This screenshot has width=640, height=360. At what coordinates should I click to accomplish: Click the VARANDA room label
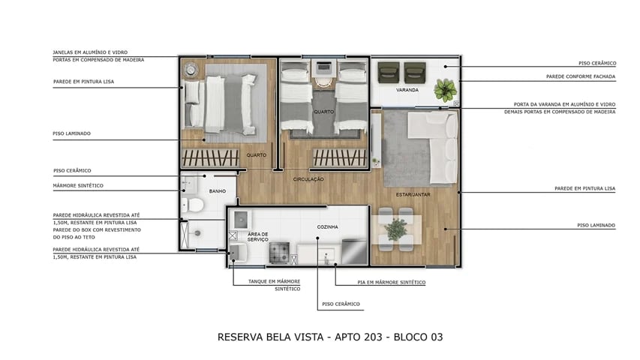pyautogui.click(x=407, y=90)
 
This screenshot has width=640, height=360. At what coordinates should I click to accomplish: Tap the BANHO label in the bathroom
pyautogui.click(x=218, y=191)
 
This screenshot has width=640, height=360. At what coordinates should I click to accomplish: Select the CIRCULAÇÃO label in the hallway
pyautogui.click(x=308, y=178)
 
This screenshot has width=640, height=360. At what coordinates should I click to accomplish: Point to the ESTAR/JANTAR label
pyautogui.click(x=412, y=194)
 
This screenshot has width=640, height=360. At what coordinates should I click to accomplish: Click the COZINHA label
pyautogui.click(x=327, y=226)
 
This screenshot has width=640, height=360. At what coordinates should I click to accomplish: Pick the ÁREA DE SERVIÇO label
pyautogui.click(x=259, y=237)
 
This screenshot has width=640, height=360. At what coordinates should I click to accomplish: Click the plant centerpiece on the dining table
pyautogui.click(x=395, y=230)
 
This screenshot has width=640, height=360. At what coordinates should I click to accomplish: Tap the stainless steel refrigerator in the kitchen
pyautogui.click(x=355, y=250)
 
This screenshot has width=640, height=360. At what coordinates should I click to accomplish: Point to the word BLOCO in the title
pyautogui.click(x=403, y=337)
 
